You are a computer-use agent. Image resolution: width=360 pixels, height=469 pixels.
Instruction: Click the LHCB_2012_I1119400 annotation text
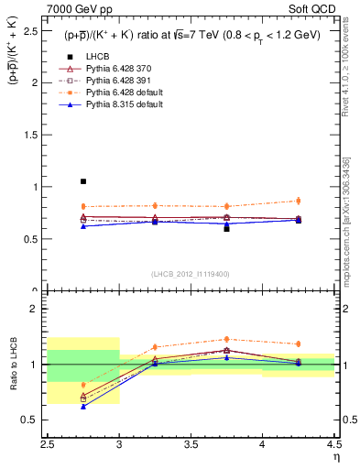(191, 274)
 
